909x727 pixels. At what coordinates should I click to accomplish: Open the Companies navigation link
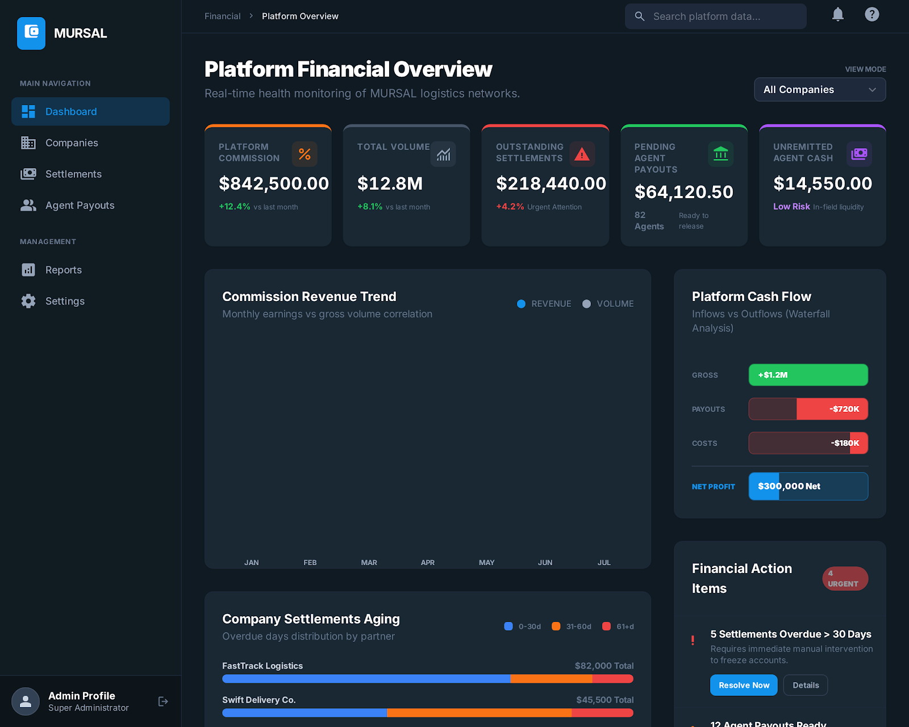[x=72, y=143]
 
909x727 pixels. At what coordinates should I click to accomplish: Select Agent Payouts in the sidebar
[x=80, y=205]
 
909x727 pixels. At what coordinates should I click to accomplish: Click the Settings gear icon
[x=28, y=301]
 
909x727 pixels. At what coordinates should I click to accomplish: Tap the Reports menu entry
[x=63, y=270]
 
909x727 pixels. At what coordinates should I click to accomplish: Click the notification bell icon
[x=837, y=15]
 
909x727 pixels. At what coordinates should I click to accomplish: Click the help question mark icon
[x=872, y=15]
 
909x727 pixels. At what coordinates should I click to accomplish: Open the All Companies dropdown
[x=819, y=90]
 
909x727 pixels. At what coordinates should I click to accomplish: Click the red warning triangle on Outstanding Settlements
[x=582, y=154]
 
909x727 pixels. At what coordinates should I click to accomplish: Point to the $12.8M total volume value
[x=390, y=183]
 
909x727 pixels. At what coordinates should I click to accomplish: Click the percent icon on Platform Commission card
[x=305, y=154]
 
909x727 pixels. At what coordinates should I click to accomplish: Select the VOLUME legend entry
[x=608, y=304]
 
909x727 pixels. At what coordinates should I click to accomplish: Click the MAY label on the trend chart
[x=486, y=562]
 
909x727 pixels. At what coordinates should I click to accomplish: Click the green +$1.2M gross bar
[x=808, y=375]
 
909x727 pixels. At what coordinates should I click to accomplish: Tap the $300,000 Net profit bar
[x=808, y=486]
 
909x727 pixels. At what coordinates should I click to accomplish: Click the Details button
[x=805, y=685]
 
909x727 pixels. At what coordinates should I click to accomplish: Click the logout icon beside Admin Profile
[x=163, y=701]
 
